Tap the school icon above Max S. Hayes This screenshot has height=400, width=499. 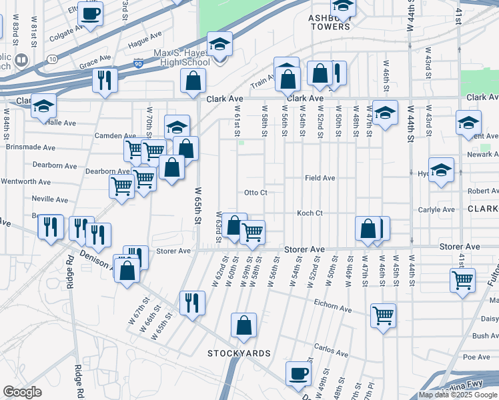point(219,45)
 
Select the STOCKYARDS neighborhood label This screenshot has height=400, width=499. point(239,353)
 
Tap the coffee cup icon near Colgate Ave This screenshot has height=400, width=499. point(91,13)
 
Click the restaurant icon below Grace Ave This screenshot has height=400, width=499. point(105,80)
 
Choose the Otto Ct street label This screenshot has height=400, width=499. point(256,193)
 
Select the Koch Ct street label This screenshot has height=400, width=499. point(310,213)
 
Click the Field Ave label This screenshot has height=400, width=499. point(320,178)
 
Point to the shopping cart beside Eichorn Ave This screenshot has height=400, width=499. point(384,315)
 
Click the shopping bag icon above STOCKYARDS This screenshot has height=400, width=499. point(244,325)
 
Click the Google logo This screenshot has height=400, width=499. point(23,391)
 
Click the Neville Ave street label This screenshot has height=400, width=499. point(50,199)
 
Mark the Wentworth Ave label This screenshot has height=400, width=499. point(27,181)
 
